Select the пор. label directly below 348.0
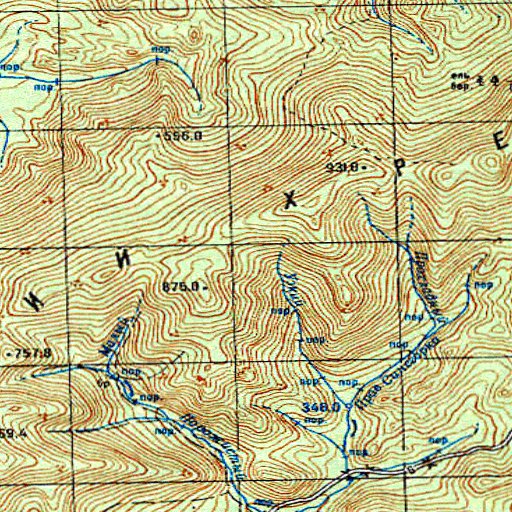coord(314,421)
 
